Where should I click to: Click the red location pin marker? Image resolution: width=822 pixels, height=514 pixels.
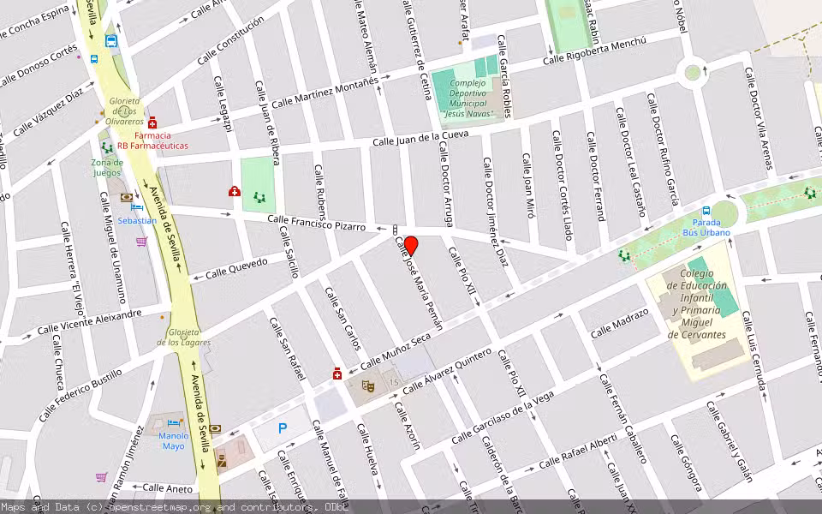tap(410, 246)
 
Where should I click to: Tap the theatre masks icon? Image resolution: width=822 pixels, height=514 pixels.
tap(370, 386)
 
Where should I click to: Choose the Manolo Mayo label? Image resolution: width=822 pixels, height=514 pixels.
tap(173, 440)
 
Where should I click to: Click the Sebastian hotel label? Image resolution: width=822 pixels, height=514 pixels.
tap(137, 220)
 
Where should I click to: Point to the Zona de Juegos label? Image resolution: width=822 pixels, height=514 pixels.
tap(107, 166)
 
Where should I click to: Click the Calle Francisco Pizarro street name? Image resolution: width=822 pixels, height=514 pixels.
tap(316, 224)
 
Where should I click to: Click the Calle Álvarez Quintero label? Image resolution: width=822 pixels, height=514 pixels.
tap(447, 370)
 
